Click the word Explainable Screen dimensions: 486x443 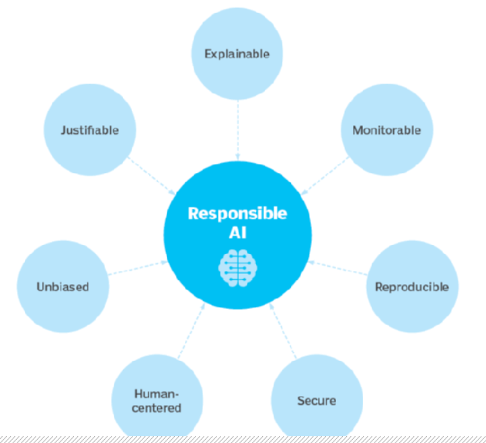(237, 54)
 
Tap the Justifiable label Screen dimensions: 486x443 (90, 130)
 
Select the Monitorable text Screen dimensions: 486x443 (387, 130)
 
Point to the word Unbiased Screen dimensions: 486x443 (63, 287)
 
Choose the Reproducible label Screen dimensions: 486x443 (412, 287)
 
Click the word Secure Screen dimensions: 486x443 (317, 401)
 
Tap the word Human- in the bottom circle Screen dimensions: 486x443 (157, 394)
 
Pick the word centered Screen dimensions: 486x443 (157, 408)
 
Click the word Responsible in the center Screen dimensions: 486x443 (237, 213)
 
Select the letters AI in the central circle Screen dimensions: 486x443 (238, 232)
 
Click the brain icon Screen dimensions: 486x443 (238, 267)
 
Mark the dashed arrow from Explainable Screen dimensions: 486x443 (238, 130)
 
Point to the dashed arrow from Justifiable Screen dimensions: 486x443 (151, 176)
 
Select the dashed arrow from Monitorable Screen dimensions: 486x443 (325, 176)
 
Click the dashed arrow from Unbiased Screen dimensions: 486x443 (138, 268)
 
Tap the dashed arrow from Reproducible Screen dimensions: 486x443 (338, 268)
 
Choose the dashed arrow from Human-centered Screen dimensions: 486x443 (191, 331)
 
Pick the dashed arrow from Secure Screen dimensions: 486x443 (283, 331)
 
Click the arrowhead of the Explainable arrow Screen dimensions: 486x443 (238, 157)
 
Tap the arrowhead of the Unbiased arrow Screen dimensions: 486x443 (164, 263)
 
